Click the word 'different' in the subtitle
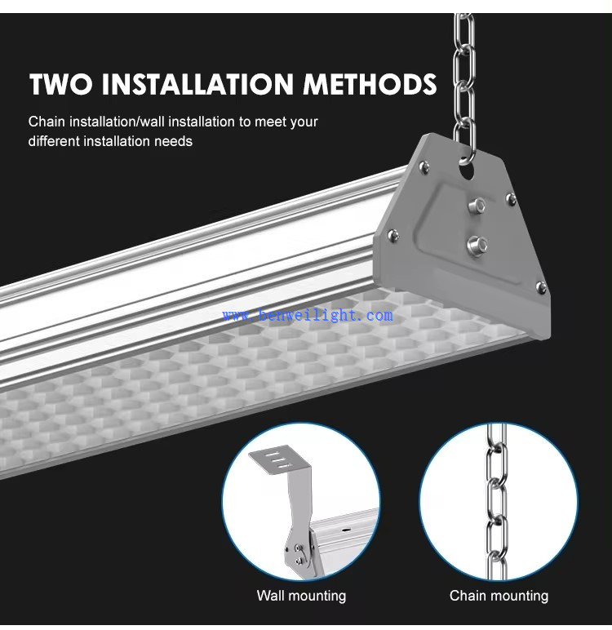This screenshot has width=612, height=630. pos(56,141)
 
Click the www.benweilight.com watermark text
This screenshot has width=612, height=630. pos(307,315)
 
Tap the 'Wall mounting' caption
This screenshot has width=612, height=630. pos(301,596)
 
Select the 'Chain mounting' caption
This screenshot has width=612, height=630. pos(499,596)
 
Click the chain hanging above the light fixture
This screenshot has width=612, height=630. pos(464,73)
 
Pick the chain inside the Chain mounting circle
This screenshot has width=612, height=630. pos(497,490)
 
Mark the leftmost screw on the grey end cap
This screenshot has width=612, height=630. pos(392,236)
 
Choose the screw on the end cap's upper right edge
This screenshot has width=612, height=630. pos(511,197)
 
